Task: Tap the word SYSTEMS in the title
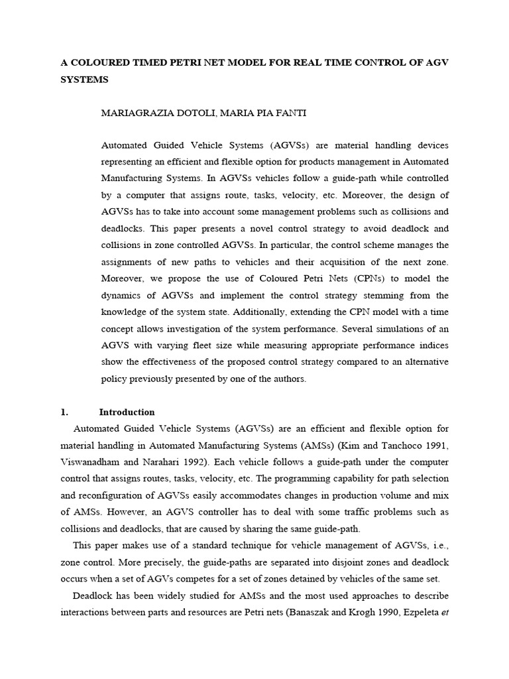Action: click(84, 80)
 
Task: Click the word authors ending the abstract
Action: click(287, 379)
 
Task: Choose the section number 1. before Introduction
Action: click(64, 412)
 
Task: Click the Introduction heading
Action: click(127, 412)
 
